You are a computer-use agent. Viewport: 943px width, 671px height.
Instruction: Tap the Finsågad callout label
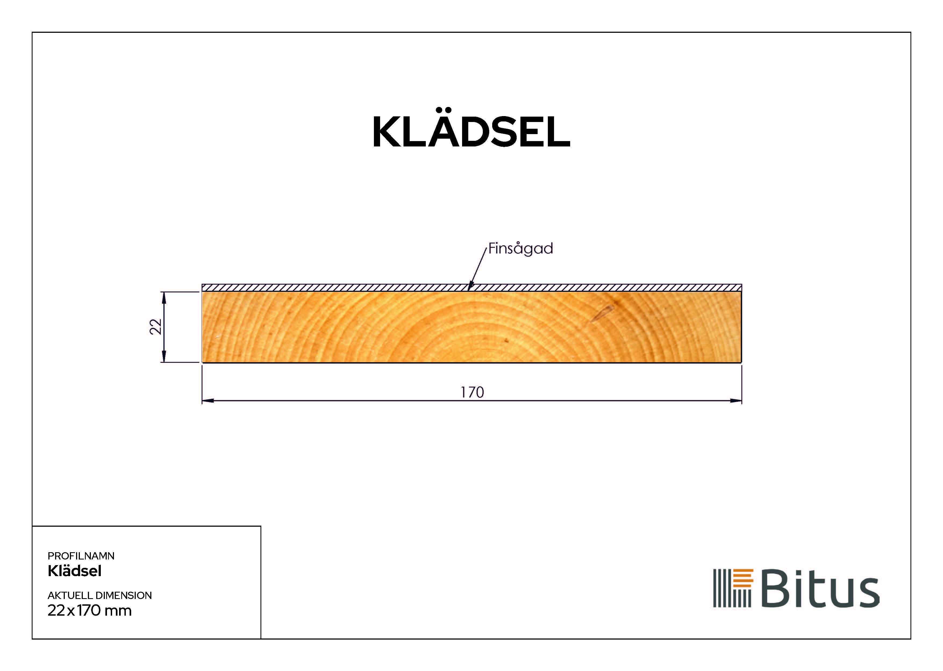(x=520, y=248)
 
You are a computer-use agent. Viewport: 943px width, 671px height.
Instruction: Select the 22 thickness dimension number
(x=155, y=326)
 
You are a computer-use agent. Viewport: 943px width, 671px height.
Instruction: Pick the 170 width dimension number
(x=472, y=392)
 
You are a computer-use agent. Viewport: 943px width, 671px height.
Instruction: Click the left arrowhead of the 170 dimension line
(x=208, y=400)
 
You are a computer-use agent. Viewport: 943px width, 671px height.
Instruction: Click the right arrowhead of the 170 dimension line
(x=736, y=400)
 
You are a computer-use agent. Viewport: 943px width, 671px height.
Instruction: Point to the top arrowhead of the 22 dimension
(x=164, y=297)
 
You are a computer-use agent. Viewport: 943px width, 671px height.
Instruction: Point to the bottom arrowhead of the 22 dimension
(x=164, y=357)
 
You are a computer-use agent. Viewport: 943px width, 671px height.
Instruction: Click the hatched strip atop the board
(x=331, y=288)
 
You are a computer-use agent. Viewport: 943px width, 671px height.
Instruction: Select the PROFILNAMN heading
(x=81, y=556)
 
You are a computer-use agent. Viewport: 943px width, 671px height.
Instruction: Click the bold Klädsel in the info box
(x=74, y=571)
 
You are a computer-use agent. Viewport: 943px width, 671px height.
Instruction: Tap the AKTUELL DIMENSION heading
(x=99, y=595)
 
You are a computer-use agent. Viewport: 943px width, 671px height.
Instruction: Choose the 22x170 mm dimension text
(x=89, y=611)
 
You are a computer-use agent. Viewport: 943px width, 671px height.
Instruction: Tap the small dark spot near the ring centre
(x=506, y=341)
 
